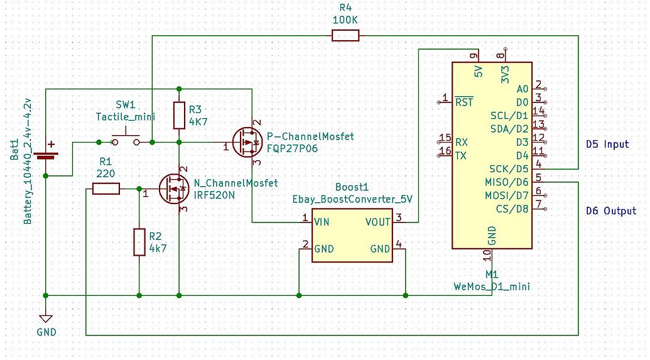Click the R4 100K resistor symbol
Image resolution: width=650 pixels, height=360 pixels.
tap(345, 36)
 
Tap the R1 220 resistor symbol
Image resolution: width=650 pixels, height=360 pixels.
tap(106, 188)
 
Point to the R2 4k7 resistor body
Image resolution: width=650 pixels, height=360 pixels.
tap(139, 243)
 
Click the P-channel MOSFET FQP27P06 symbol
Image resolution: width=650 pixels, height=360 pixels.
tap(245, 143)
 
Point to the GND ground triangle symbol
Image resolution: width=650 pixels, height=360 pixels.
tap(45, 320)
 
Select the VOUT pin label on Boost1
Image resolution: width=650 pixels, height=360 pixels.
tap(377, 222)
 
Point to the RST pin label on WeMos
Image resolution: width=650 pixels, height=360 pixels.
tap(464, 102)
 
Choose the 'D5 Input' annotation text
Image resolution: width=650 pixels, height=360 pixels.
tap(607, 145)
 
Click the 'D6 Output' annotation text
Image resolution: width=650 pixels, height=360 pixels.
tap(610, 211)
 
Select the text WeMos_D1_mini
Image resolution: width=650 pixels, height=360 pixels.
tap(491, 286)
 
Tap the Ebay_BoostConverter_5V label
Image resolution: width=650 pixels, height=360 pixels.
tap(352, 199)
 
